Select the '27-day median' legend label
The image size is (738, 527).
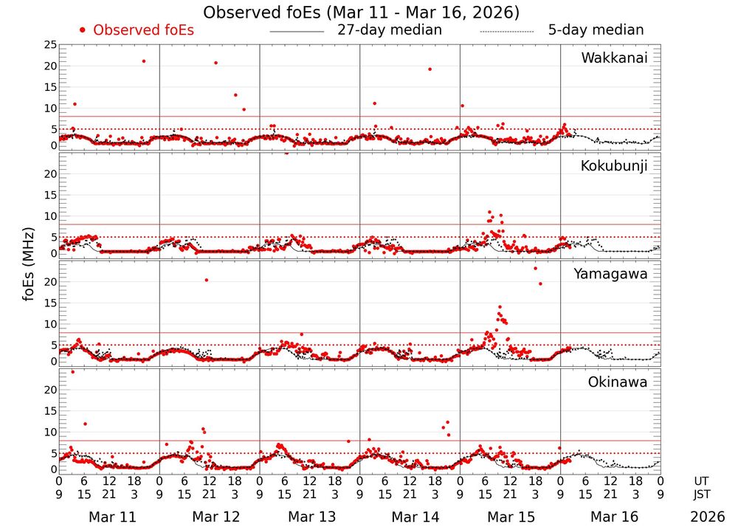click(x=389, y=30)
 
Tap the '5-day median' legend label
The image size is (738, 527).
click(x=596, y=30)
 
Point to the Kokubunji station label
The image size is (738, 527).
click(x=613, y=166)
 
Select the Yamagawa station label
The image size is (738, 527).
click(x=610, y=274)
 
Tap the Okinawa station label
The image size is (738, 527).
click(x=618, y=382)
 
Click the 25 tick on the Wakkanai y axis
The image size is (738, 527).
click(x=50, y=46)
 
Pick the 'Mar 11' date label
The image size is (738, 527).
click(x=112, y=517)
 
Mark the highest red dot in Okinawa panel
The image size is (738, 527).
click(x=72, y=372)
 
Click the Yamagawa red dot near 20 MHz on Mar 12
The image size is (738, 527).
click(x=206, y=280)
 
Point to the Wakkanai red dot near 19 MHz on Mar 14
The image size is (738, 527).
click(x=430, y=69)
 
